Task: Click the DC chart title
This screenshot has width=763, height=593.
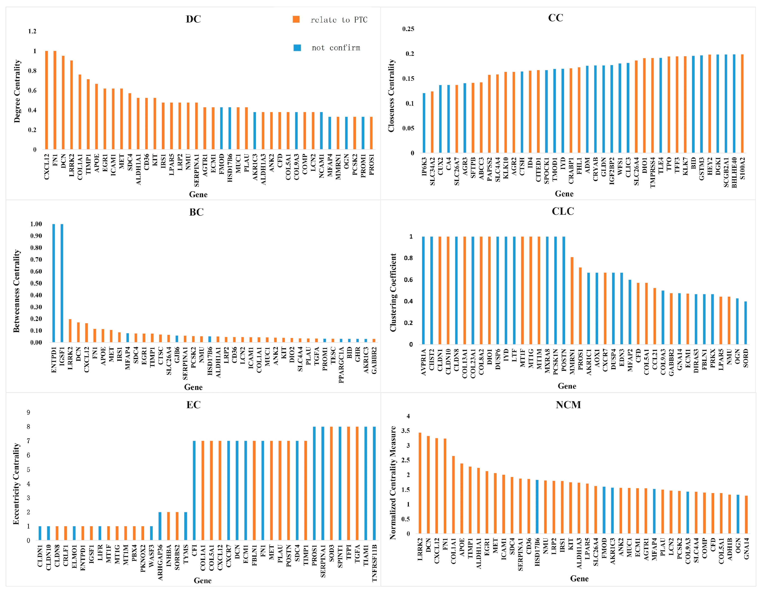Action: tap(193, 19)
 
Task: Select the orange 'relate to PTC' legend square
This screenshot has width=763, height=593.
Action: tap(296, 19)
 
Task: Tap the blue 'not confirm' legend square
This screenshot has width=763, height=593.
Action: tap(297, 48)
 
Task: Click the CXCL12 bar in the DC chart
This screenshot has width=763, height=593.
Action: tap(47, 100)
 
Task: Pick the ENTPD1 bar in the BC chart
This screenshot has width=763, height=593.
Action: tap(54, 283)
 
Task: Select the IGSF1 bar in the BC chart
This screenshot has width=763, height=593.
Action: tap(62, 283)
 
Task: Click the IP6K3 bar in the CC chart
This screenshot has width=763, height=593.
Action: tap(424, 123)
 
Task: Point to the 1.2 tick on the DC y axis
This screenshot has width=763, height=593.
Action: tap(32, 32)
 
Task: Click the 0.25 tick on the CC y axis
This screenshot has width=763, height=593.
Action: tap(408, 29)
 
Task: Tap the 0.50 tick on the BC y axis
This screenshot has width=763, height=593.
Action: tap(36, 283)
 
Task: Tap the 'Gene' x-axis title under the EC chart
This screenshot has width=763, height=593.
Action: tap(203, 580)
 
